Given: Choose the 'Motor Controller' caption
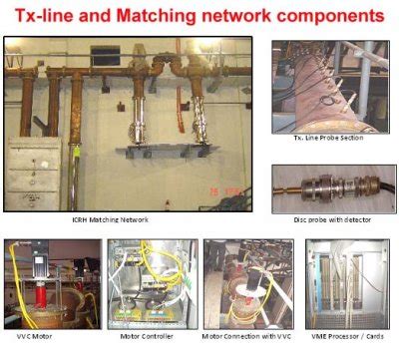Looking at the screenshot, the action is coord(140,336).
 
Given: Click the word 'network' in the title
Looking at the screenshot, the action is coord(249,17).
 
